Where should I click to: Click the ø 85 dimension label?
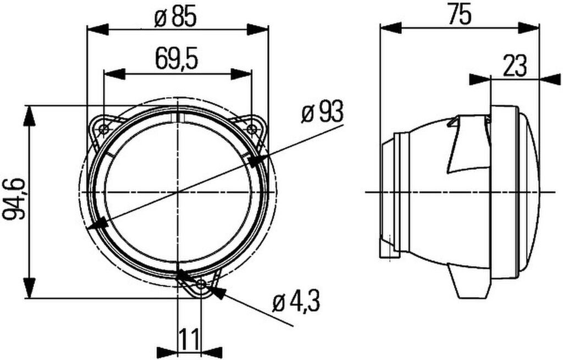point(175,18)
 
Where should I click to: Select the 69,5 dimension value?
point(176,59)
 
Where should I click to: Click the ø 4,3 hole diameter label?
point(296,302)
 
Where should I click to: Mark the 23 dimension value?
point(515,66)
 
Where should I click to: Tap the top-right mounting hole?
point(252,129)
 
